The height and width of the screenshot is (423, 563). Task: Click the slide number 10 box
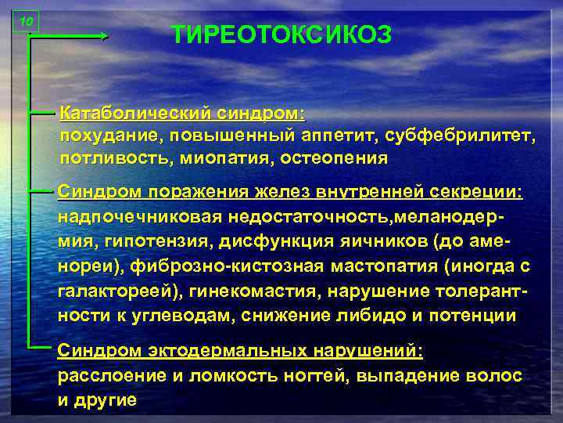pos(27,22)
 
